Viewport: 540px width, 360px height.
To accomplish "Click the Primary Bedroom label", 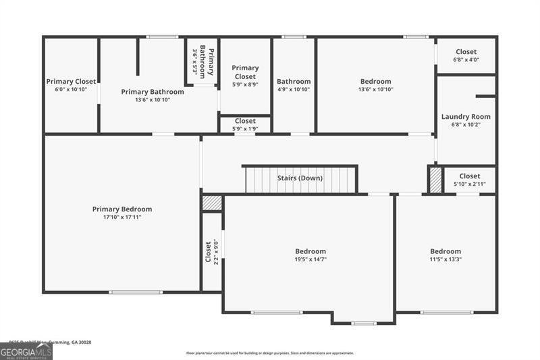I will (122, 209).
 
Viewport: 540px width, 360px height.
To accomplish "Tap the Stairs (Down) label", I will (300, 178).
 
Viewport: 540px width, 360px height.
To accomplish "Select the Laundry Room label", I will (466, 117).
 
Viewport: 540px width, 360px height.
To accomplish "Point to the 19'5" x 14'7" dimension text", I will (310, 259).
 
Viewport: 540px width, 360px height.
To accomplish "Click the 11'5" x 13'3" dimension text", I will (446, 259).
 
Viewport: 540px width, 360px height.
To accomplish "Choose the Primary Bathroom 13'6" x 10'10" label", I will (153, 92).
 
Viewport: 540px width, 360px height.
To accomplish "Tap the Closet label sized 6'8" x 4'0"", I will (466, 52).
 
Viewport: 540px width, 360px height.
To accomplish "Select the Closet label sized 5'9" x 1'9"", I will (245, 121).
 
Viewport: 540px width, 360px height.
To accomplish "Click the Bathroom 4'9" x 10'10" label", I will (294, 82).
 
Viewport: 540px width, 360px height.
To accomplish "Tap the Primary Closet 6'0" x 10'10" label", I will (71, 82).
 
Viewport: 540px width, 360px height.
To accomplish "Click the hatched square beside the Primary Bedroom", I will (212, 202).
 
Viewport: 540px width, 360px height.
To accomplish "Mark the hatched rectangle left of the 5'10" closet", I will (436, 180).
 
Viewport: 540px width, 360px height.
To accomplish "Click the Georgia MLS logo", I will (26, 351).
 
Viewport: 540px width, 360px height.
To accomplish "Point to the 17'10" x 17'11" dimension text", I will (122, 217).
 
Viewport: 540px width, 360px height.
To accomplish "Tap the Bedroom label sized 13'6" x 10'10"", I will (375, 82).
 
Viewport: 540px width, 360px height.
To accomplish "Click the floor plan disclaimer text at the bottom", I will (270, 353).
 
